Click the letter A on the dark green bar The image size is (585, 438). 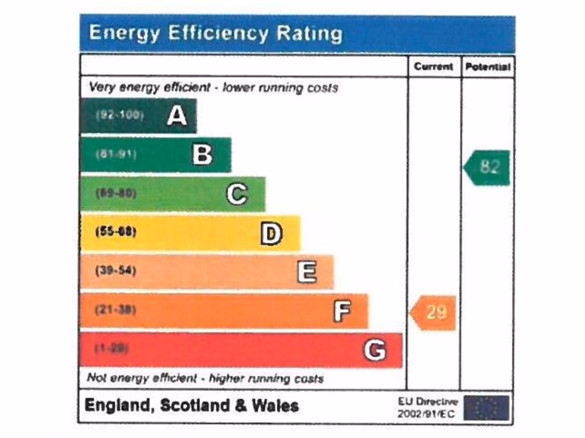tap(177, 116)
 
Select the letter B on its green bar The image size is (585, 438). tap(202, 155)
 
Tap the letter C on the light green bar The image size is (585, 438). tap(237, 194)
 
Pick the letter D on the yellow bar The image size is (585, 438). tap(271, 233)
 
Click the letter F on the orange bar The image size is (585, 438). tap(342, 311)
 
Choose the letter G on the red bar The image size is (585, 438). tap(375, 350)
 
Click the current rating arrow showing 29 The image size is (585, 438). tap(434, 313)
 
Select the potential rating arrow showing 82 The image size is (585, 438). tap(487, 168)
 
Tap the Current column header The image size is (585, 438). tap(434, 67)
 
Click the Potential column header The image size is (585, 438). tap(487, 67)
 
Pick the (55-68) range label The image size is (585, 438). tap(115, 232)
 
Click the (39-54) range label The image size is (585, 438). tap(115, 270)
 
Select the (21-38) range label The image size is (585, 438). tap(115, 310)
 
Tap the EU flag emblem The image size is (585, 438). tap(486, 408)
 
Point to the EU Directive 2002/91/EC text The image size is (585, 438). tap(427, 408)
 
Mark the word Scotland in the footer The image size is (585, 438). tap(194, 406)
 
